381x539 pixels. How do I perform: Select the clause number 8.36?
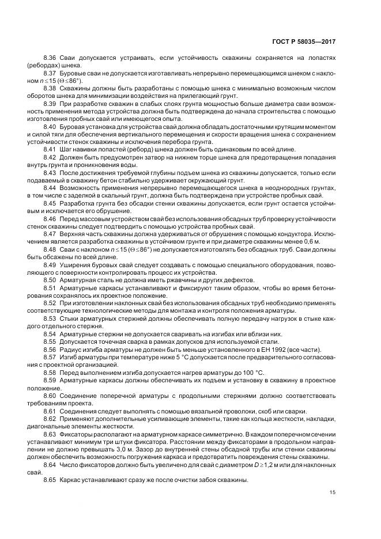[x=51, y=58]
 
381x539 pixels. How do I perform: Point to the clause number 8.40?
[x=51, y=125]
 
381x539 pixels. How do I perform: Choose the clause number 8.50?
[x=51, y=279]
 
